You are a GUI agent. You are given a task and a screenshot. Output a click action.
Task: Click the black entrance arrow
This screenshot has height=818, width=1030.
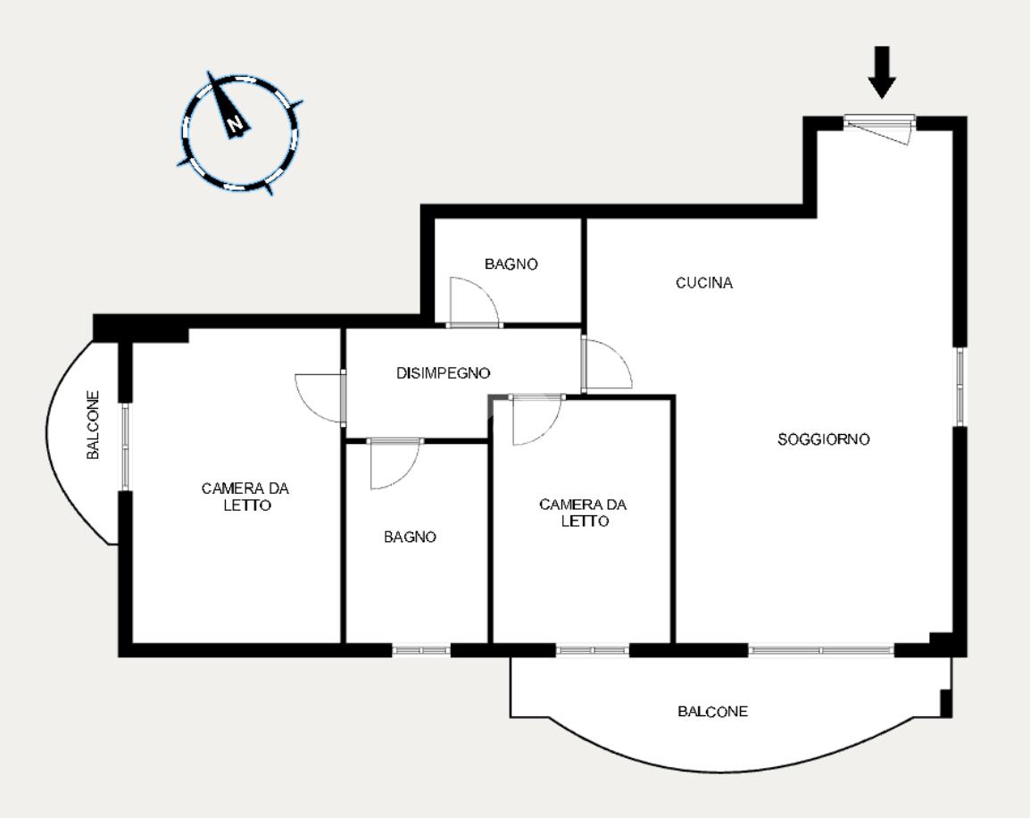(882, 72)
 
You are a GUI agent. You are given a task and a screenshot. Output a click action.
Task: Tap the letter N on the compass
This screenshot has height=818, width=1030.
(235, 123)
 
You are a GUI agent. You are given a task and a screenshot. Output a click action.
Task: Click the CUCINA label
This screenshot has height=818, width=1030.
(704, 282)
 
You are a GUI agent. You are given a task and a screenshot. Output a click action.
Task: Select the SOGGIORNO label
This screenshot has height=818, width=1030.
(824, 438)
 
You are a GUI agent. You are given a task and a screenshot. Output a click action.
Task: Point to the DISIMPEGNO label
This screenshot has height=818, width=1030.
(444, 373)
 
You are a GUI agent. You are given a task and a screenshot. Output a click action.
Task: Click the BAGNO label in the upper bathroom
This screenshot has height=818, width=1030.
(511, 264)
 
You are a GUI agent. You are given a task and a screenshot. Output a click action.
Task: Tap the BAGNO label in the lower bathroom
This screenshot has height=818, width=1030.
(410, 537)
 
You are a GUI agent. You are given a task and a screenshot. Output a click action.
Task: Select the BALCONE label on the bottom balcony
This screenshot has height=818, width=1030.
(713, 711)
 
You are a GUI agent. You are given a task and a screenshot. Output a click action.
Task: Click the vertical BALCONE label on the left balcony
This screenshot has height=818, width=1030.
(94, 425)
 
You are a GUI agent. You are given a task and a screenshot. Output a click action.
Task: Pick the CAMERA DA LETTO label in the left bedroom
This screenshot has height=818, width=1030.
(245, 497)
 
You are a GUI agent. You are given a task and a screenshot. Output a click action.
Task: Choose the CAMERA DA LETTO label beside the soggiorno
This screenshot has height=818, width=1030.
(584, 513)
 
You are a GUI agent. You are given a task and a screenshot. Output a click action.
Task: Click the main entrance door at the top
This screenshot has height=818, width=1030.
(879, 129)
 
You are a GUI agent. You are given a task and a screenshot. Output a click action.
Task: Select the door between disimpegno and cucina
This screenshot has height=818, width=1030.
(607, 363)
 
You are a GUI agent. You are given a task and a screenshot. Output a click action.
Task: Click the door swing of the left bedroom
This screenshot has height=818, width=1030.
(320, 397)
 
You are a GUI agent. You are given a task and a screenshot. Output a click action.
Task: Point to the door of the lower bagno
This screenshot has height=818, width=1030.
(395, 463)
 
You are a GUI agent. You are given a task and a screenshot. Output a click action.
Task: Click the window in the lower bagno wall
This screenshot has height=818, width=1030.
(421, 650)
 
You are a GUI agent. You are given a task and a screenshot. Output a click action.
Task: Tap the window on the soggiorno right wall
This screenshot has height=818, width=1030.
(960, 387)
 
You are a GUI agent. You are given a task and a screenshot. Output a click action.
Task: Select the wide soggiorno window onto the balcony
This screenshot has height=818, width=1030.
(821, 650)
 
